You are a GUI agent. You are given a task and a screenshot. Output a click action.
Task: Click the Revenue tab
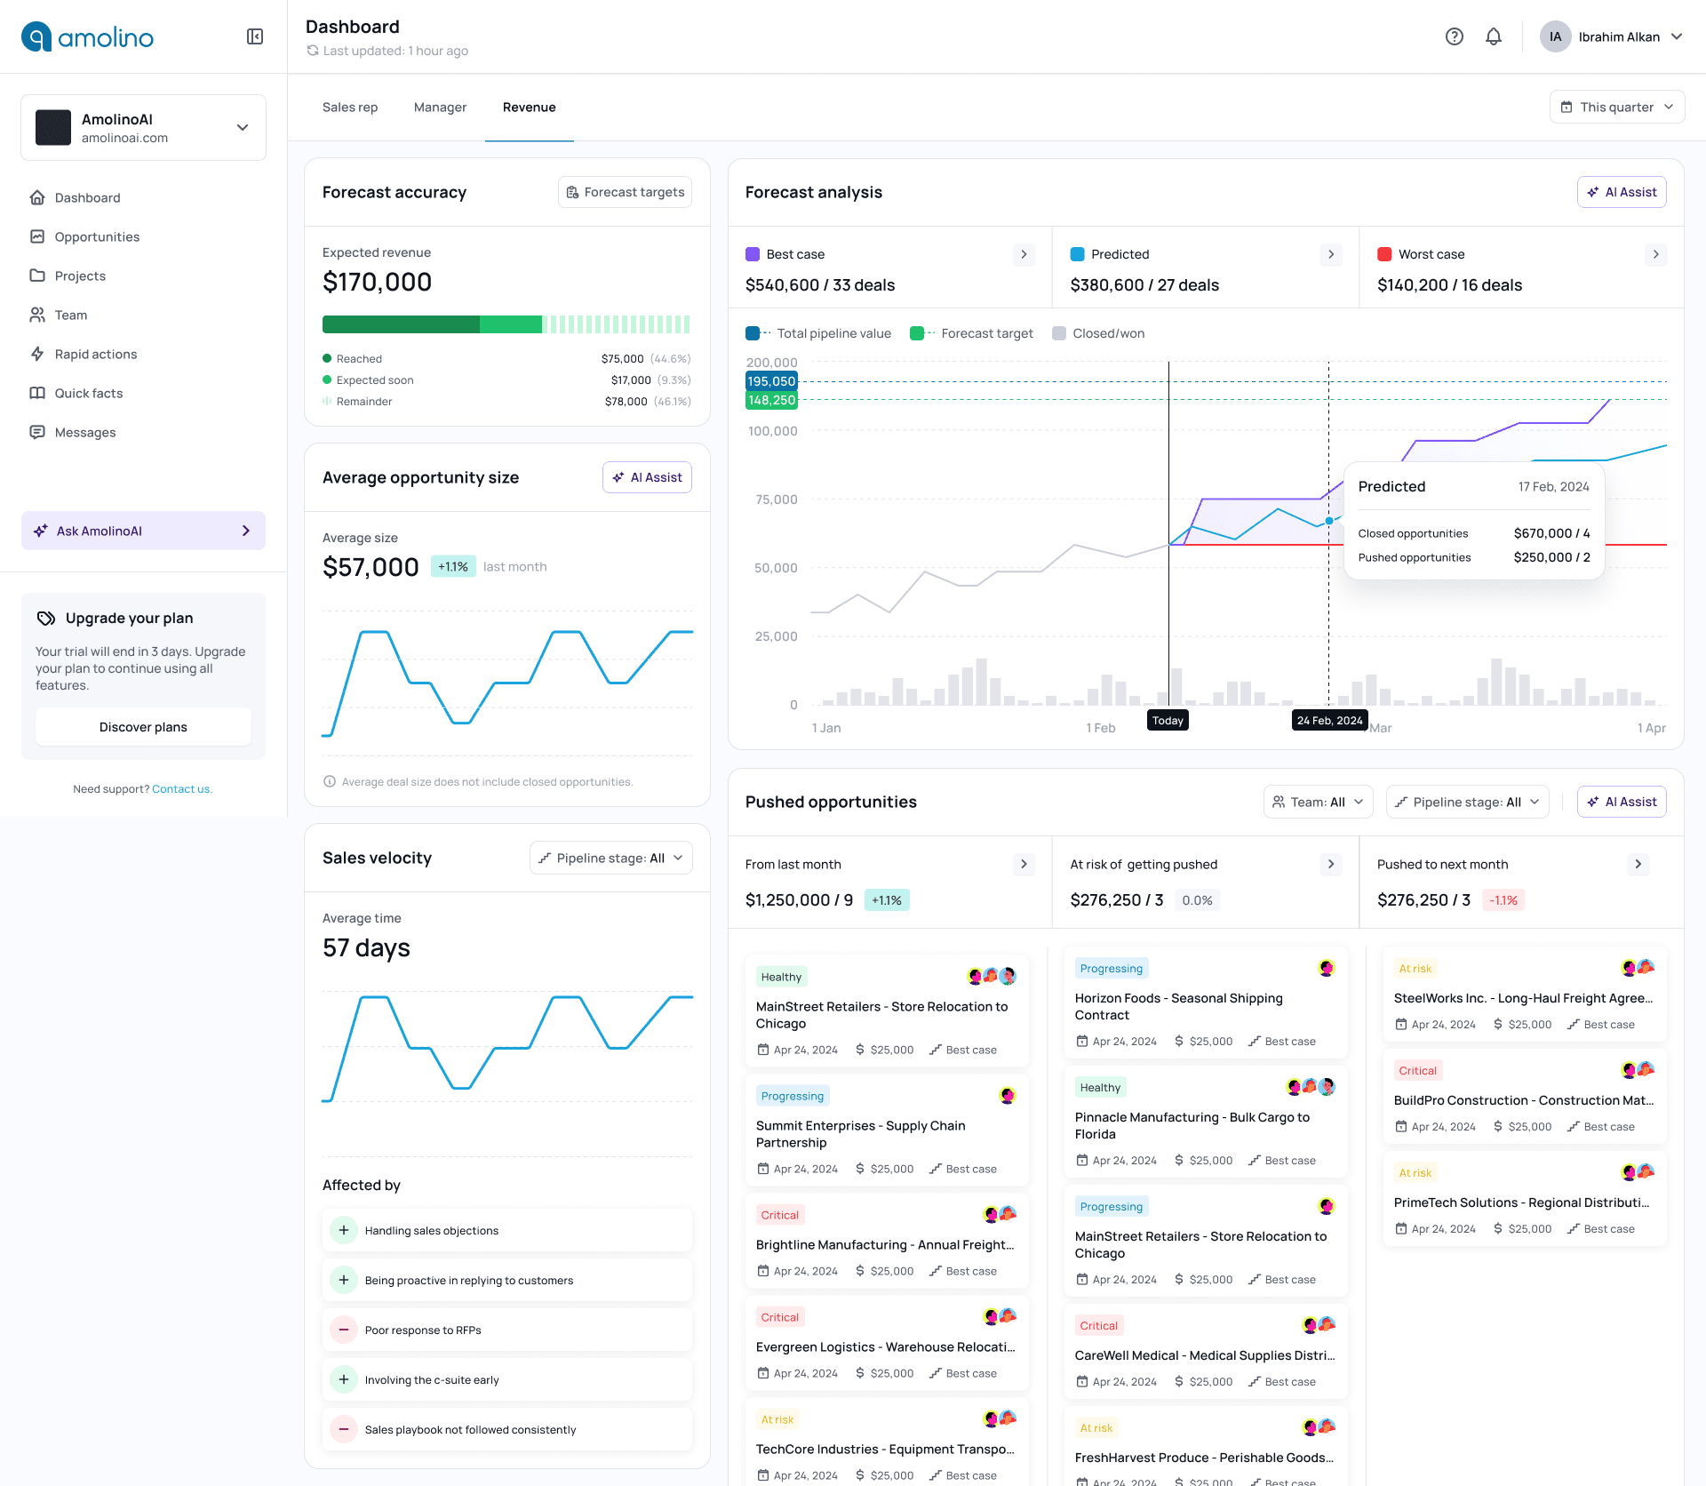(529, 108)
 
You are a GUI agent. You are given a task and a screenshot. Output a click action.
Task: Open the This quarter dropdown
(1616, 108)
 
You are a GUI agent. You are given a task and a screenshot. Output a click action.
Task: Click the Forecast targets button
(625, 192)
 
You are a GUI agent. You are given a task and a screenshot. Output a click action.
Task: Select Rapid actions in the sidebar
(95, 354)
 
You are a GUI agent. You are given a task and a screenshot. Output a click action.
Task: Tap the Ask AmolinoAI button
(143, 531)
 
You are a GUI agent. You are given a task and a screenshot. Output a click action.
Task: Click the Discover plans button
(143, 727)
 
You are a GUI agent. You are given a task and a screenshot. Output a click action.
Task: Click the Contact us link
(181, 789)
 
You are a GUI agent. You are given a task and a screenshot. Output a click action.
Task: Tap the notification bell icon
(1494, 36)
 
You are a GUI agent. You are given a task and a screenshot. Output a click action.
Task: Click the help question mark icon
(1455, 36)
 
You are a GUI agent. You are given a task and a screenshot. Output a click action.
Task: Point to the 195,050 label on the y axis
(771, 381)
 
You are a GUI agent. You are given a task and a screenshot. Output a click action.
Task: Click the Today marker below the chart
(1168, 720)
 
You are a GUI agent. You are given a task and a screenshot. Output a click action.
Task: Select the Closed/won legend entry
(1098, 333)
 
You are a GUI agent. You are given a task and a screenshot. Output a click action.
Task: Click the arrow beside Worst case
(1655, 254)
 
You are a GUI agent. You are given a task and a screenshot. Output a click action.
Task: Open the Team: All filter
(1318, 802)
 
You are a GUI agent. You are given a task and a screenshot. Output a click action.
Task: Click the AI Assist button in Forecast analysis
(1622, 192)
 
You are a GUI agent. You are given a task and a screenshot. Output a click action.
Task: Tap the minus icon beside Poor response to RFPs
(343, 1330)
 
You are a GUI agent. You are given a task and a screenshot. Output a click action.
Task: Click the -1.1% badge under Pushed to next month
(1503, 900)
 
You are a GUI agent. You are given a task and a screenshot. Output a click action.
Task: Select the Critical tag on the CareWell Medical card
(1098, 1325)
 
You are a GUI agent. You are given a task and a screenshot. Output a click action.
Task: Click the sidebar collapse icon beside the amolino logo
(255, 36)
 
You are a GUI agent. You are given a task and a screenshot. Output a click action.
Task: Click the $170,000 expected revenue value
(377, 282)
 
